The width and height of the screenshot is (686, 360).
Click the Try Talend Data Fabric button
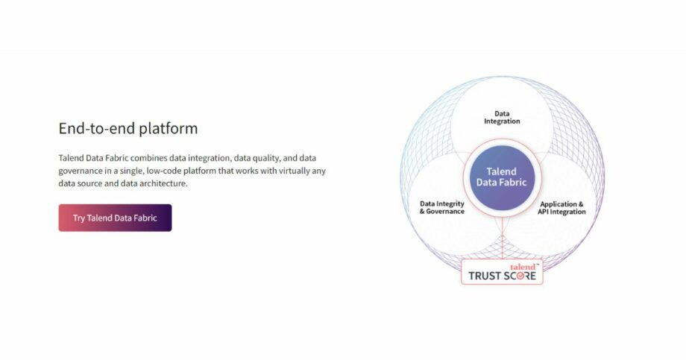pos(115,218)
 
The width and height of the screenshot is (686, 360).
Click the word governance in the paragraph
pos(82,171)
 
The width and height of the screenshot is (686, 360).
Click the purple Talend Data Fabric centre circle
pos(501,177)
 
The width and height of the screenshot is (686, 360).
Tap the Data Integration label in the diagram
pos(502,118)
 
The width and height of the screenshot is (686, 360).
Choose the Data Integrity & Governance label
pos(441,207)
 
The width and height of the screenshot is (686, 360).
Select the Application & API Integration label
pos(561,207)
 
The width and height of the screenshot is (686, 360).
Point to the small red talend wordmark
pos(523,266)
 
